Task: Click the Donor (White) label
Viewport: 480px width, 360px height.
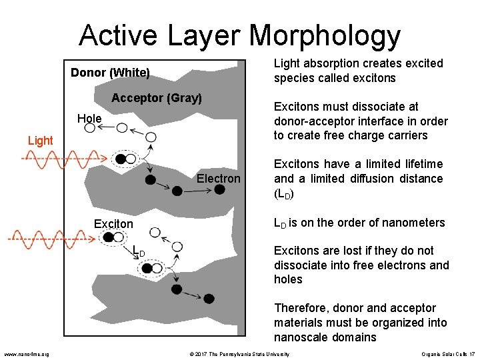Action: click(x=110, y=72)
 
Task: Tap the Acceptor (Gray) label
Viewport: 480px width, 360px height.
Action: click(x=156, y=99)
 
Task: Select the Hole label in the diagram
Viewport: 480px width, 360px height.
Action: click(x=89, y=119)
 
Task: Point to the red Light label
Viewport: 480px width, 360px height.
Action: click(x=40, y=141)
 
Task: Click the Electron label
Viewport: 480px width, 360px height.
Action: click(x=218, y=179)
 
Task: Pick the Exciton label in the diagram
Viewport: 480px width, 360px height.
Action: click(x=113, y=224)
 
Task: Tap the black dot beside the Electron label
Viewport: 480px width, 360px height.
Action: click(x=219, y=190)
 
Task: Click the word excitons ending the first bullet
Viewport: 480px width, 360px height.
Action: click(x=374, y=78)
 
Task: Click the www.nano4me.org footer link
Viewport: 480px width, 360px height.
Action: click(x=26, y=354)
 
